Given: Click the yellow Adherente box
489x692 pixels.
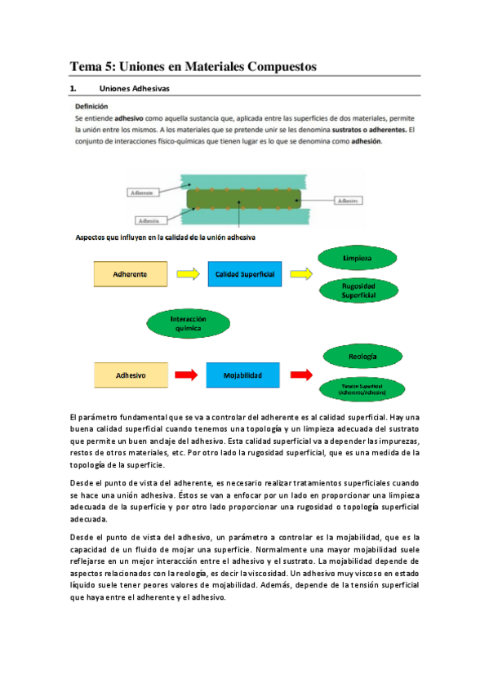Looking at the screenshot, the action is (130, 274).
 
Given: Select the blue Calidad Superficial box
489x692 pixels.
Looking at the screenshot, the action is (244, 274).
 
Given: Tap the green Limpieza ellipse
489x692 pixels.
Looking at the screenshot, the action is (358, 258).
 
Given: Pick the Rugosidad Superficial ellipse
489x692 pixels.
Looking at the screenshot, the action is (358, 291).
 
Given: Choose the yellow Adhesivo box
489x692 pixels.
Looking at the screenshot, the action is (130, 375).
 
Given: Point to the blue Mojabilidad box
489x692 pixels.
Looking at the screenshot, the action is (244, 375).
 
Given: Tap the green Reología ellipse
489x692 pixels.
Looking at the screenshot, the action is (358, 357).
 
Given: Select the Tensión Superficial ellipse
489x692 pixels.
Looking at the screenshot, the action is (358, 391).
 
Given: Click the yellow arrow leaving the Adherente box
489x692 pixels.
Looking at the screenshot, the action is (187, 274).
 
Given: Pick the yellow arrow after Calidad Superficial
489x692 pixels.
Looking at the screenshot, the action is (300, 274).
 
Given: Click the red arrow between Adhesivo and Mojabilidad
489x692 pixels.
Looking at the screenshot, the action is (187, 375).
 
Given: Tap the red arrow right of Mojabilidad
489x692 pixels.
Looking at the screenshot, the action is (300, 375).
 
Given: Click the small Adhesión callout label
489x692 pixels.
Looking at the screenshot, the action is (149, 220).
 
